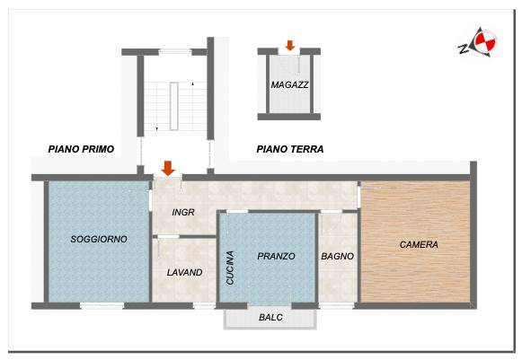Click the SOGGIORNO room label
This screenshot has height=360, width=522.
pyautogui.click(x=99, y=239)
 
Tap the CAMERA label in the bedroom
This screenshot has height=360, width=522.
pyautogui.click(x=419, y=244)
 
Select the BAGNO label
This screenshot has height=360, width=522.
pyautogui.click(x=337, y=256)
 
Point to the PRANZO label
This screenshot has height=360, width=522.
pyautogui.click(x=277, y=256)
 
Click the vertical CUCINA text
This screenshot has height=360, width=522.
pyautogui.click(x=230, y=268)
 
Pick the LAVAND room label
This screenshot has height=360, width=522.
pyautogui.click(x=185, y=273)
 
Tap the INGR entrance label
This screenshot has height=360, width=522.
pyautogui.click(x=183, y=212)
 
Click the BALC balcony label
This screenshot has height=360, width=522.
pyautogui.click(x=270, y=318)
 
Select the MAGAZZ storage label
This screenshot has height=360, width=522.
pyautogui.click(x=289, y=85)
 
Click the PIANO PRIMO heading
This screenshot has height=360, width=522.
pyautogui.click(x=81, y=149)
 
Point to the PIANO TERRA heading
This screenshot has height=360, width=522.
pyautogui.click(x=290, y=149)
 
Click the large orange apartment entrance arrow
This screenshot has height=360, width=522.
pyautogui.click(x=168, y=168)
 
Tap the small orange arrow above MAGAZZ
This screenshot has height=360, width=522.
pyautogui.click(x=290, y=45)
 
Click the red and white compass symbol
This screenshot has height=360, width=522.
pyautogui.click(x=485, y=42)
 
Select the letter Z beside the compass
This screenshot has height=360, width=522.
pyautogui.click(x=463, y=48)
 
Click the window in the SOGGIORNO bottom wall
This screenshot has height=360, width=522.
pyautogui.click(x=102, y=306)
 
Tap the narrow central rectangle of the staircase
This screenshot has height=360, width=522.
pyautogui.click(x=174, y=106)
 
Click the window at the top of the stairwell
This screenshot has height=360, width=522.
pyautogui.click(x=175, y=52)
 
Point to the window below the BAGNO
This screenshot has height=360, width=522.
pyautogui.click(x=336, y=306)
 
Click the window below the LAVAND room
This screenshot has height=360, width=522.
pyautogui.click(x=205, y=306)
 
